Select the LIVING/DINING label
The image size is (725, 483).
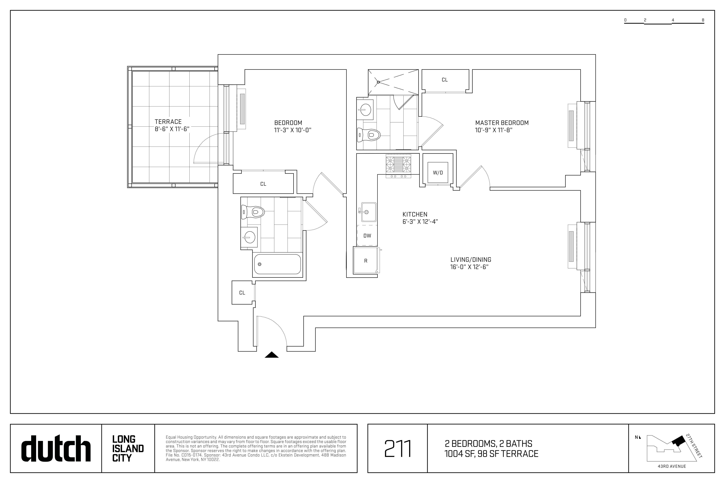[x=471, y=260]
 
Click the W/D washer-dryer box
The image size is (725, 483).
[x=438, y=173]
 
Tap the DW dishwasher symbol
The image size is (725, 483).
[x=367, y=236]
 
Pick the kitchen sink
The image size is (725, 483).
[x=369, y=212]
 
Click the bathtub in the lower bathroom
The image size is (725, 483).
[x=277, y=264]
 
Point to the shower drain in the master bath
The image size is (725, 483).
[x=378, y=82]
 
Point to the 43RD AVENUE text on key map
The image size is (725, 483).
[x=672, y=466]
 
